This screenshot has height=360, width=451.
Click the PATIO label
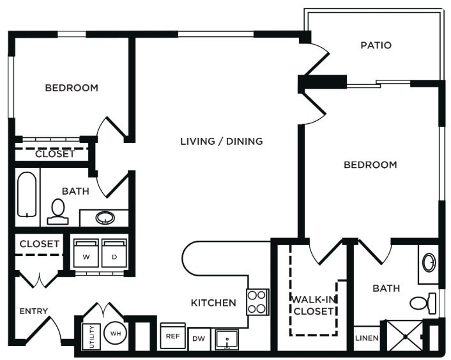point(376,45)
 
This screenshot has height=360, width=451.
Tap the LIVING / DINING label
point(221,141)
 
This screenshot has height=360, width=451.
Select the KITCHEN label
point(213,303)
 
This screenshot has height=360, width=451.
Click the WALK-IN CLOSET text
point(313,305)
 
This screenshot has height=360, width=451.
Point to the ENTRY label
point(33,311)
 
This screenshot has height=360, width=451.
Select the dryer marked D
point(114,252)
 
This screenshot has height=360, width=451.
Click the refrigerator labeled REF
point(172,336)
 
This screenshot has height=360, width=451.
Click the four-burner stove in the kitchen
point(257,302)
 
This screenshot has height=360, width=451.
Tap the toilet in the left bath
point(58,211)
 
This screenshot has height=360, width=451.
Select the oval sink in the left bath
point(105,218)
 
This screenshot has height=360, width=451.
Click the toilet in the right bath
point(424,302)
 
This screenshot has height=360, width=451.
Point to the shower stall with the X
point(402,336)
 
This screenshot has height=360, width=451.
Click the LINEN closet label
point(367,338)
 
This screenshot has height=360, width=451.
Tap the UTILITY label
point(91,334)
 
